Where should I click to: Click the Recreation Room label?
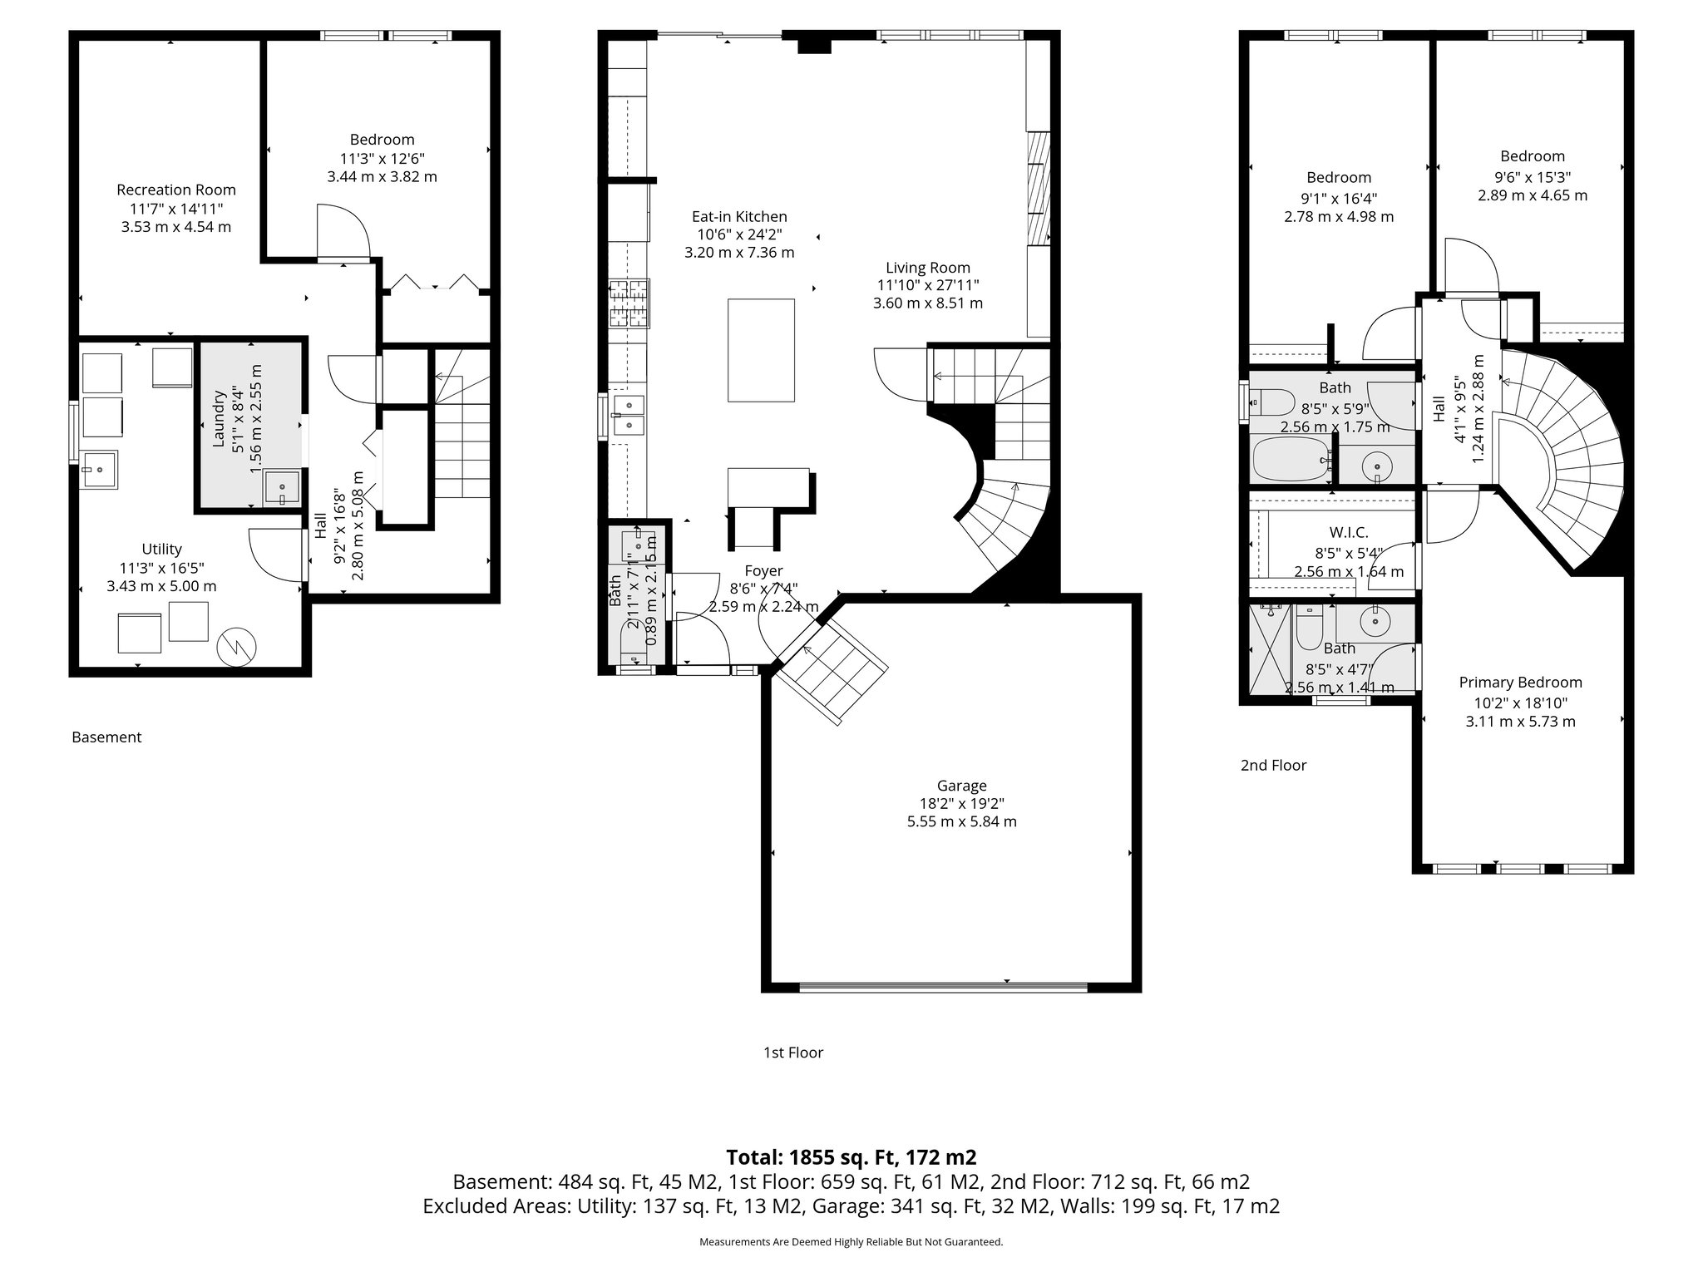pyautogui.click(x=176, y=190)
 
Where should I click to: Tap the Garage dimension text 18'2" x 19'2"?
pyautogui.click(x=961, y=803)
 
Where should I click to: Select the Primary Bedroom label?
pyautogui.click(x=1520, y=683)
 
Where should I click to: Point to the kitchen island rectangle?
pyautogui.click(x=761, y=350)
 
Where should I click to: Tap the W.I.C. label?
pyautogui.click(x=1348, y=533)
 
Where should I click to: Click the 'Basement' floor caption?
pyautogui.click(x=106, y=737)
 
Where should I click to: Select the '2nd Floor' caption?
pyautogui.click(x=1273, y=766)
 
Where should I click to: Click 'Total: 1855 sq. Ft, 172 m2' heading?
pyautogui.click(x=851, y=1157)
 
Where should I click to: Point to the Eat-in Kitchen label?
pyautogui.click(x=739, y=217)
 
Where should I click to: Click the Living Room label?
pyautogui.click(x=927, y=268)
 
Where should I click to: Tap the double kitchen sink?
pyautogui.click(x=629, y=416)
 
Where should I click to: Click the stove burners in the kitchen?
pyautogui.click(x=629, y=303)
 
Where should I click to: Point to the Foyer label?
pyautogui.click(x=763, y=571)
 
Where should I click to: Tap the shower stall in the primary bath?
pyautogui.click(x=1270, y=648)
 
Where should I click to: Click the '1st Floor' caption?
pyautogui.click(x=793, y=1053)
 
